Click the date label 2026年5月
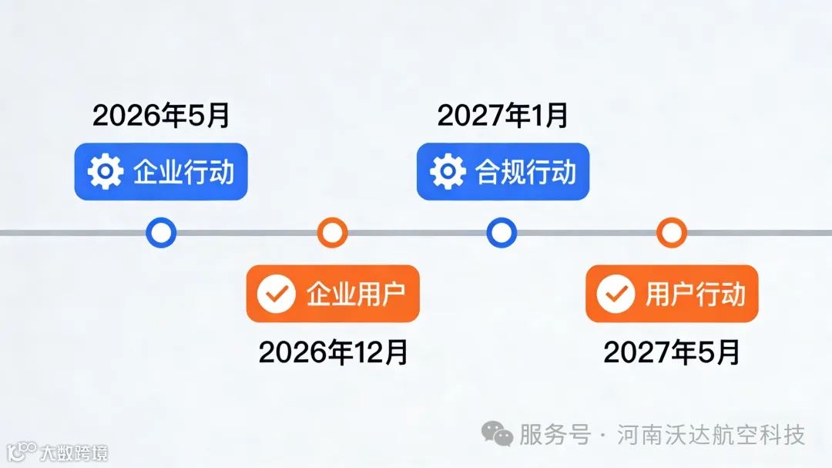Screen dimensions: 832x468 [x=161, y=116]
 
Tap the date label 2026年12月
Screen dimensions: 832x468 [x=333, y=352]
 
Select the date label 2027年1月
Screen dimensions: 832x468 [x=503, y=116]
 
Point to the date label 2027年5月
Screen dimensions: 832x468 [x=672, y=352]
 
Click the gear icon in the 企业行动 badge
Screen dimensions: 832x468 [x=106, y=171]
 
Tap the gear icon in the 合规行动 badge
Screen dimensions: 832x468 [x=448, y=171]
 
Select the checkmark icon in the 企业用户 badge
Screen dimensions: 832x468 [x=276, y=294]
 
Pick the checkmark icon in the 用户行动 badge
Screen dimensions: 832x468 [x=616, y=294]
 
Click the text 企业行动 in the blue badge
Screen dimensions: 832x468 [x=183, y=171]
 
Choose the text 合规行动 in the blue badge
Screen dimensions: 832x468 [x=526, y=171]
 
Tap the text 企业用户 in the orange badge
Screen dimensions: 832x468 [x=356, y=294]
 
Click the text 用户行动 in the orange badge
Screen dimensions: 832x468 [x=696, y=294]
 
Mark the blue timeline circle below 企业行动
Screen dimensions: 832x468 [x=161, y=232]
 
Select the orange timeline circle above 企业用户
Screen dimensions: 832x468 [x=332, y=232]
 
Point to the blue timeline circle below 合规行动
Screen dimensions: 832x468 [x=502, y=232]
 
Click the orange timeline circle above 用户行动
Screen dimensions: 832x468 [x=672, y=232]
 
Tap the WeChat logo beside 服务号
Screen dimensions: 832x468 [x=497, y=434]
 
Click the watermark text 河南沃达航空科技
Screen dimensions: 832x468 [x=711, y=434]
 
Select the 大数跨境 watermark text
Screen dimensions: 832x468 [x=75, y=452]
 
